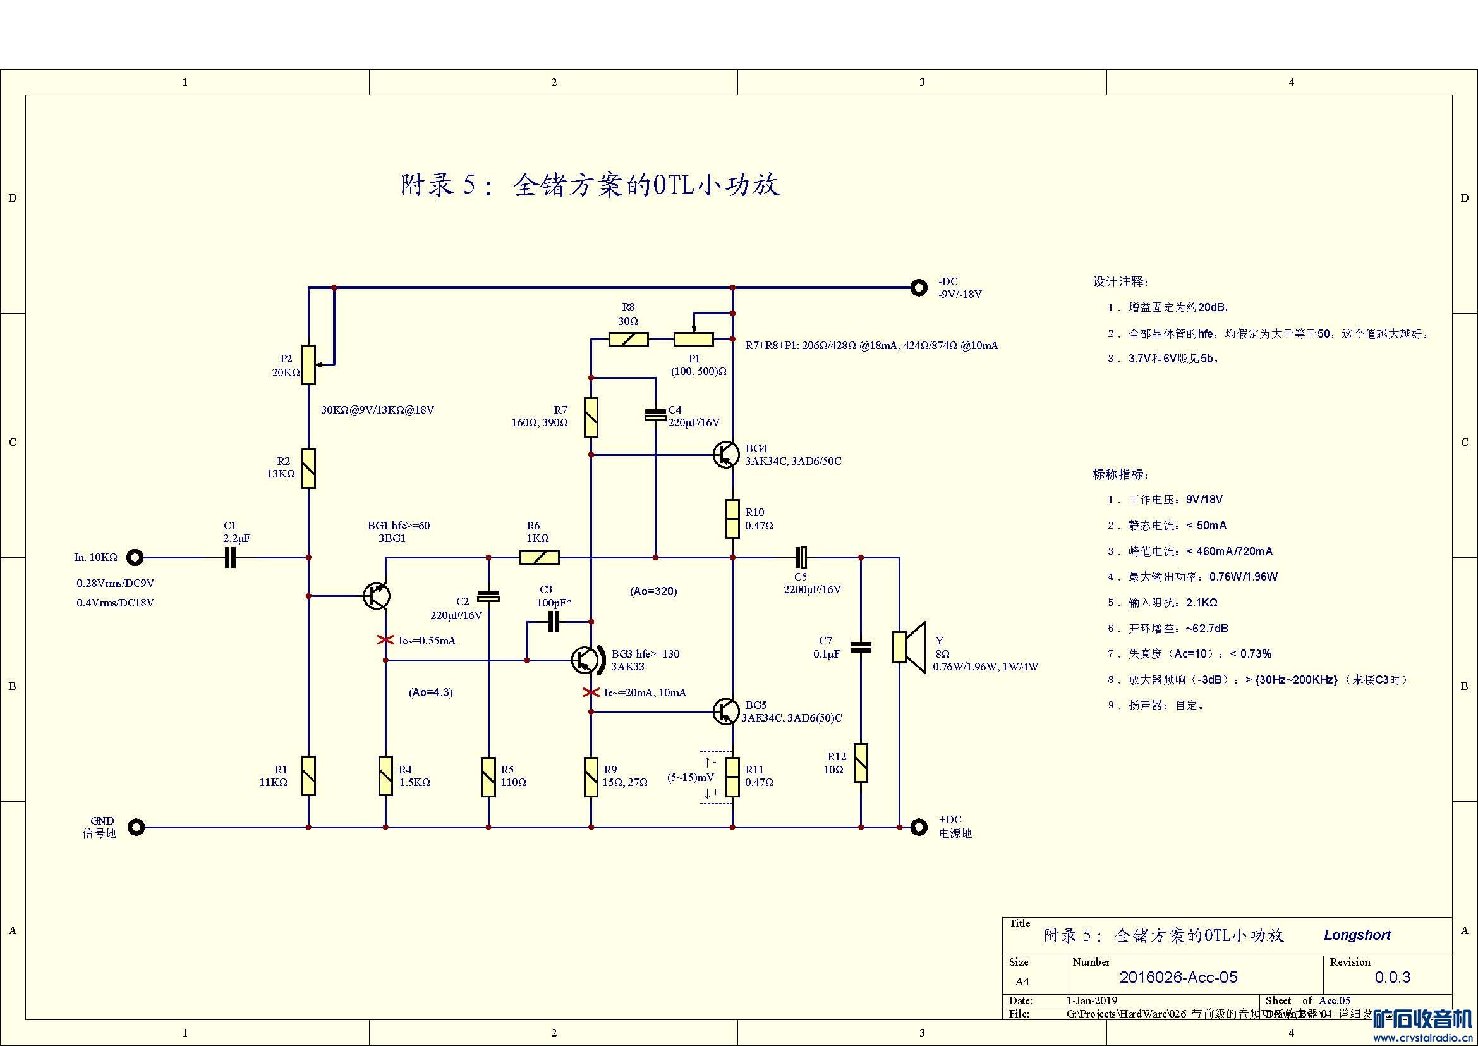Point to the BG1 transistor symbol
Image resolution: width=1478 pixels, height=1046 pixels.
(x=376, y=596)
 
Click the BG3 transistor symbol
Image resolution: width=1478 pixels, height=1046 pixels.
(x=585, y=660)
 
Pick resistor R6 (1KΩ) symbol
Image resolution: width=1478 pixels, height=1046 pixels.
(x=540, y=557)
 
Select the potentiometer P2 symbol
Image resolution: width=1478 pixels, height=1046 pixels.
(x=309, y=364)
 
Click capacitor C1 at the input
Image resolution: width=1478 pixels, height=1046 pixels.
(x=231, y=557)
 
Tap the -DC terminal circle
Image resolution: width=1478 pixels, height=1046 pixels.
(x=919, y=287)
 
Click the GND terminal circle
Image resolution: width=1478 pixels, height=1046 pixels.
(x=136, y=827)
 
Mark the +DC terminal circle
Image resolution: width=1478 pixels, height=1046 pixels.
(x=919, y=827)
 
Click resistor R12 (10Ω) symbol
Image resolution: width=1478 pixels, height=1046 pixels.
(x=861, y=763)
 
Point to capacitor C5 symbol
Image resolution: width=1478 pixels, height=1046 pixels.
(x=801, y=557)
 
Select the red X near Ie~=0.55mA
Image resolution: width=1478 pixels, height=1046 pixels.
(x=385, y=640)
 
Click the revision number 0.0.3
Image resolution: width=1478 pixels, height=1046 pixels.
(x=1393, y=977)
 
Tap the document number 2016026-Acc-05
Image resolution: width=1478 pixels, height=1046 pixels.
(x=1178, y=977)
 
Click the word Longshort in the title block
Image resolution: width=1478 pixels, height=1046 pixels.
(x=1357, y=935)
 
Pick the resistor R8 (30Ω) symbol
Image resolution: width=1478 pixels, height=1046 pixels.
(x=628, y=339)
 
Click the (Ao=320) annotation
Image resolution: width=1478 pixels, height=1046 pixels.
(x=653, y=591)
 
